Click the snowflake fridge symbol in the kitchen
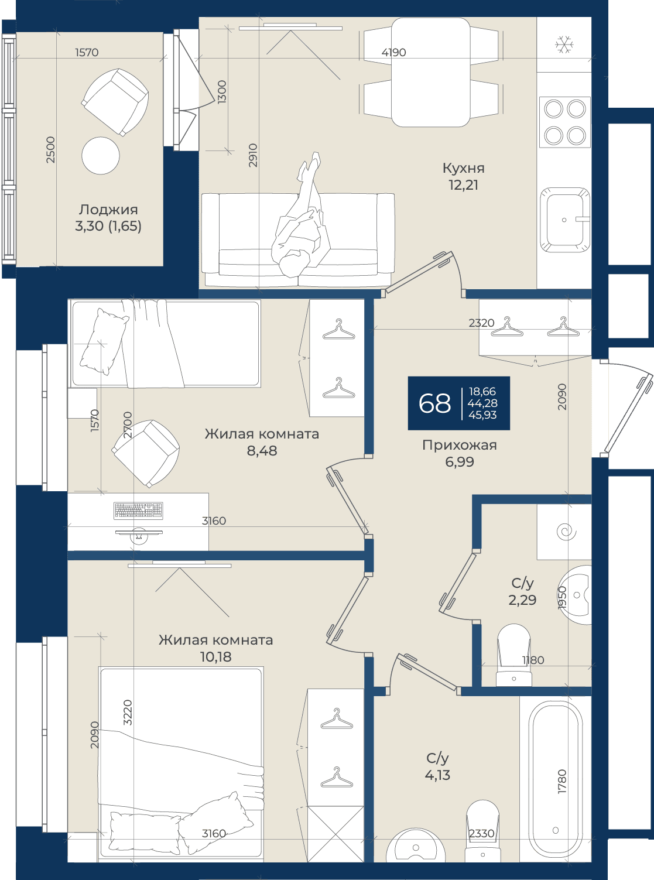pyautogui.click(x=564, y=44)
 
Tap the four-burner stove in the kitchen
pyautogui.click(x=564, y=122)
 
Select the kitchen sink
pyautogui.click(x=564, y=220)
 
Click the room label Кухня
pyautogui.click(x=464, y=168)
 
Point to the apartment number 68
pyautogui.click(x=434, y=403)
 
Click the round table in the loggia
pyautogui.click(x=100, y=156)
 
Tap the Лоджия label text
pyautogui.click(x=108, y=210)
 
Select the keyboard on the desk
pyautogui.click(x=138, y=510)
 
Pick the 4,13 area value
pyautogui.click(x=437, y=775)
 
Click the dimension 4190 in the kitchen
pyautogui.click(x=393, y=52)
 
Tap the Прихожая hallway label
pyautogui.click(x=459, y=445)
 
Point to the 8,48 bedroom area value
pyautogui.click(x=262, y=451)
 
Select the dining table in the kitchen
pyautogui.click(x=430, y=72)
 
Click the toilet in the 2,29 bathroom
pyautogui.click(x=513, y=655)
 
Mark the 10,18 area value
pyautogui.click(x=215, y=656)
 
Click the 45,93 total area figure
pyautogui.click(x=482, y=415)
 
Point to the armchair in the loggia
pyautogui.click(x=115, y=102)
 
